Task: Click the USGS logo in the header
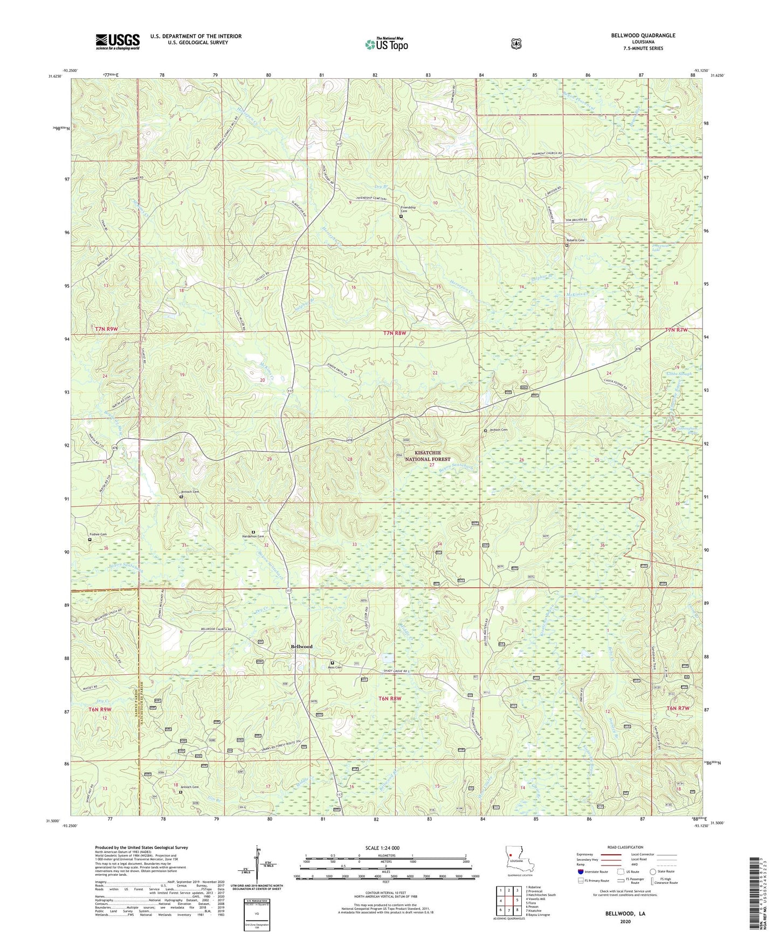pos(118,41)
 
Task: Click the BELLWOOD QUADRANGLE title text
pos(643,36)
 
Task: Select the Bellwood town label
pos(301,646)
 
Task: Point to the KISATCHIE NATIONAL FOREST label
pos(428,456)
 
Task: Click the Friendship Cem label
pos(408,209)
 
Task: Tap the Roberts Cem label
pos(575,240)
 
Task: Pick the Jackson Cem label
pos(499,430)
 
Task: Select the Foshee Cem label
pos(98,535)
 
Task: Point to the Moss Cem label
pos(335,667)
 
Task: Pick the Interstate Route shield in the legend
pos(580,871)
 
